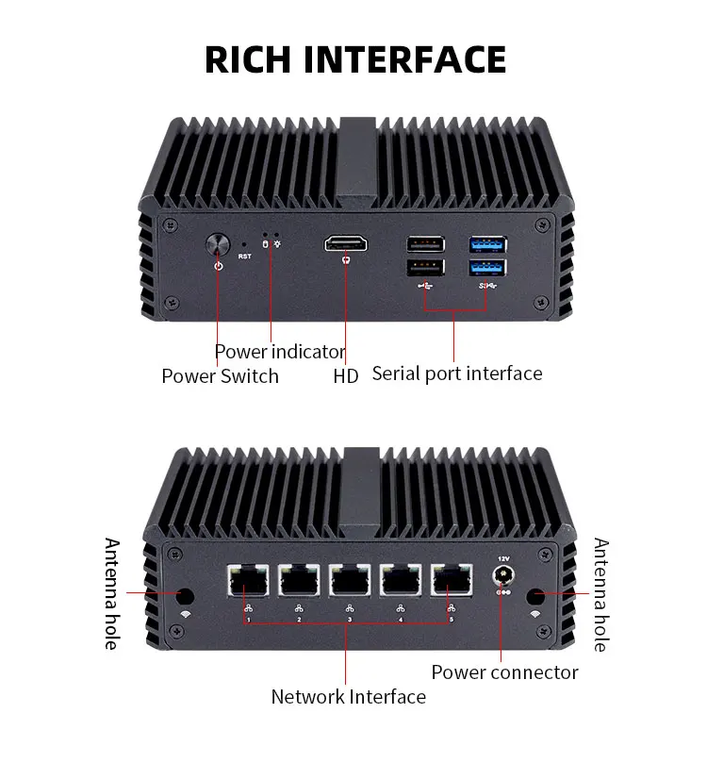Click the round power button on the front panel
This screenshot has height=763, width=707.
click(218, 245)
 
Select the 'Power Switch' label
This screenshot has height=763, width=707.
click(220, 376)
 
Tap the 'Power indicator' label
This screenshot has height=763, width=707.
click(280, 352)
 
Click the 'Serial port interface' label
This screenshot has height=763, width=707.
click(457, 373)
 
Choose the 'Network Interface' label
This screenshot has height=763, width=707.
click(348, 697)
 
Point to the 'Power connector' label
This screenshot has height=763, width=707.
click(504, 672)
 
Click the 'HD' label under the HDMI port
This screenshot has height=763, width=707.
click(346, 376)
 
